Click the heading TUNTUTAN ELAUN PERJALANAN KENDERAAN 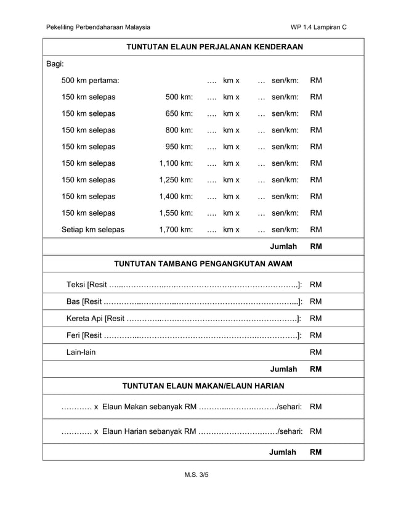pos(214,47)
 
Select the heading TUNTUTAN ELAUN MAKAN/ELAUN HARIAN pos(203,386)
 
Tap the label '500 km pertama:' pos(91,81)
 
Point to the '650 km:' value pos(179,114)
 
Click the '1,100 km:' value pos(176,163)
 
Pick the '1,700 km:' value pos(176,230)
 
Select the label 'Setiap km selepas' pos(92,230)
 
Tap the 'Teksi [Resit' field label pos(87,285)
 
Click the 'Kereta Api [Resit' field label pos(95,319)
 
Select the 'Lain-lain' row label pos(81,352)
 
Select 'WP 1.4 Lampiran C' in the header pos(318,27)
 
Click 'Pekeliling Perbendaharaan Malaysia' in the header pos(98,27)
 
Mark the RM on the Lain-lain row pos(316,352)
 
